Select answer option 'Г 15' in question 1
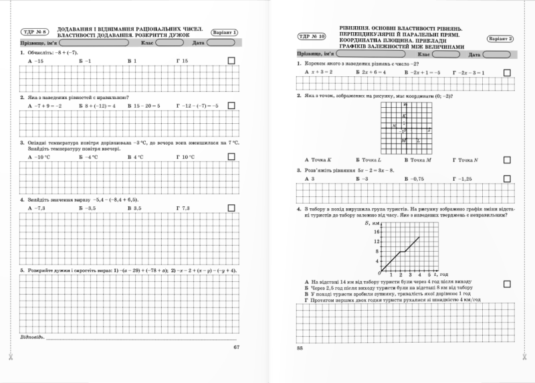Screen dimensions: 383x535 [x=183, y=61]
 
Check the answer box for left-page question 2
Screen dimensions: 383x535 [x=231, y=105]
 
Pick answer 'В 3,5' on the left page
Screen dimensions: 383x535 [x=134, y=209]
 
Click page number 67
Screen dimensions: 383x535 [x=236, y=347]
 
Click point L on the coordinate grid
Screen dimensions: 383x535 [x=418, y=140]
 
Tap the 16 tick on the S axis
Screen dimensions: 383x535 [x=377, y=232]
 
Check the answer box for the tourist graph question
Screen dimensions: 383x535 [x=506, y=284]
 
